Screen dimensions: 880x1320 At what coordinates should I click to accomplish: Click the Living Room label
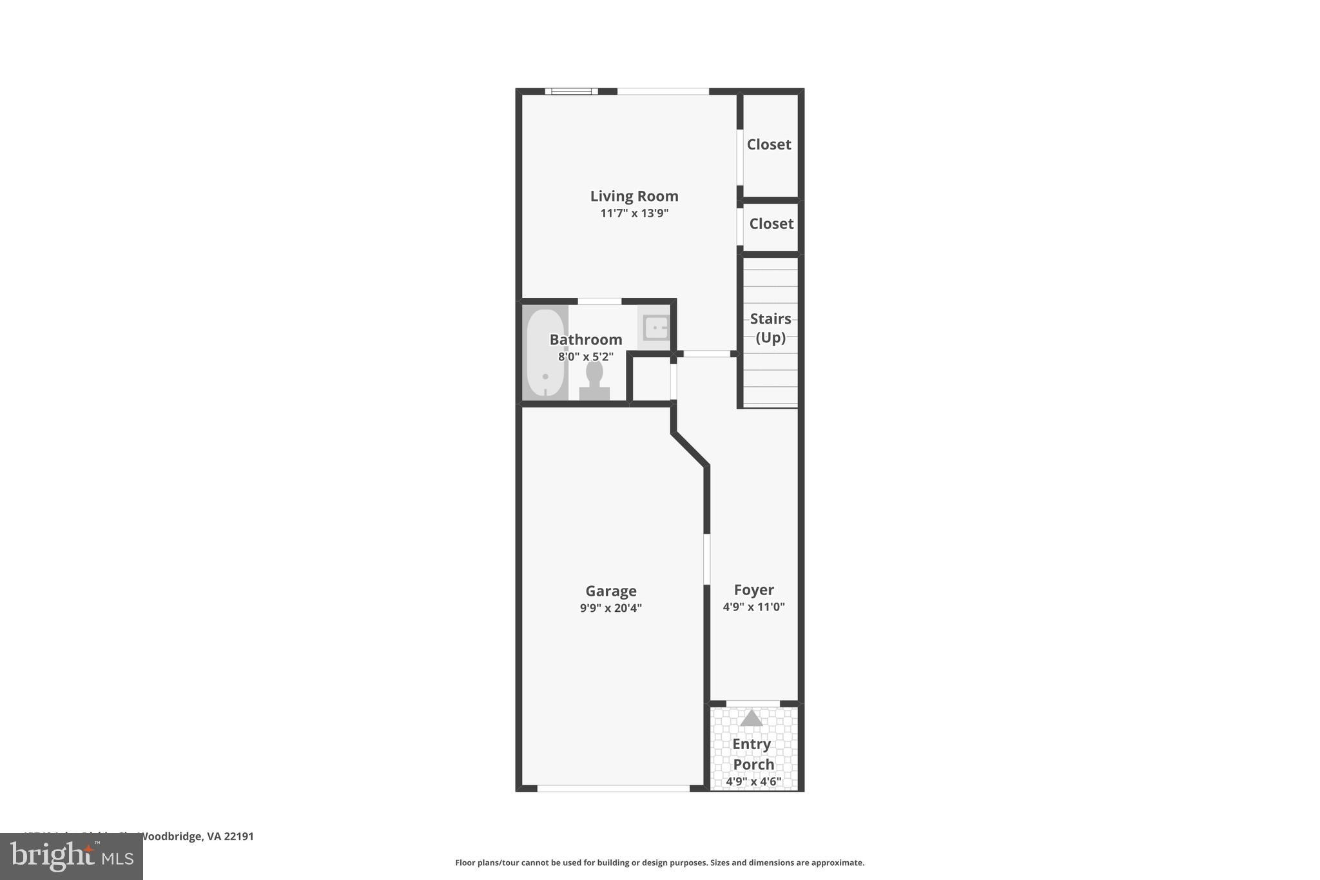tap(634, 196)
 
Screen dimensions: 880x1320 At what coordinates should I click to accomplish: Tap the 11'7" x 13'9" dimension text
tap(634, 213)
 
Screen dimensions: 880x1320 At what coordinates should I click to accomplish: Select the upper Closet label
tap(769, 144)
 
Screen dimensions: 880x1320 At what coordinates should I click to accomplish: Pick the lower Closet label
tap(771, 224)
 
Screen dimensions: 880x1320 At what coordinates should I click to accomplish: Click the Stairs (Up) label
tap(770, 328)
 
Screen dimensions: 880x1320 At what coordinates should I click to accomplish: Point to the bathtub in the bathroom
tap(545, 353)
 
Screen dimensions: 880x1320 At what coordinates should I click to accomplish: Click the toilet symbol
tap(594, 380)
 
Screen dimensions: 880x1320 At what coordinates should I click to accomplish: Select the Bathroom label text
tap(585, 340)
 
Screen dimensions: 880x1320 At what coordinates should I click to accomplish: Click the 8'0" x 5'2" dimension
tap(585, 357)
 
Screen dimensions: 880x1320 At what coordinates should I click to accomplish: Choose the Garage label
tap(610, 591)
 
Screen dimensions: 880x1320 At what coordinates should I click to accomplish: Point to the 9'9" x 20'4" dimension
tap(610, 608)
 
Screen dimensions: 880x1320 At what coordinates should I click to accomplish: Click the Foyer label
tap(753, 590)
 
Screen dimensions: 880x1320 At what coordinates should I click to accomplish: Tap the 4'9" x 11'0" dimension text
tap(753, 607)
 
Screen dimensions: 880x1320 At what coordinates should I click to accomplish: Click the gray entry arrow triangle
tap(752, 718)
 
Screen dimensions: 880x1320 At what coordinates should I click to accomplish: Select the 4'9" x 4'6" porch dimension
tap(753, 781)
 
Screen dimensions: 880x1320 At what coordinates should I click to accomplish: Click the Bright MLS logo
tap(71, 857)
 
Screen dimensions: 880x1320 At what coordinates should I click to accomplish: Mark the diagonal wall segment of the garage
tap(690, 449)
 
